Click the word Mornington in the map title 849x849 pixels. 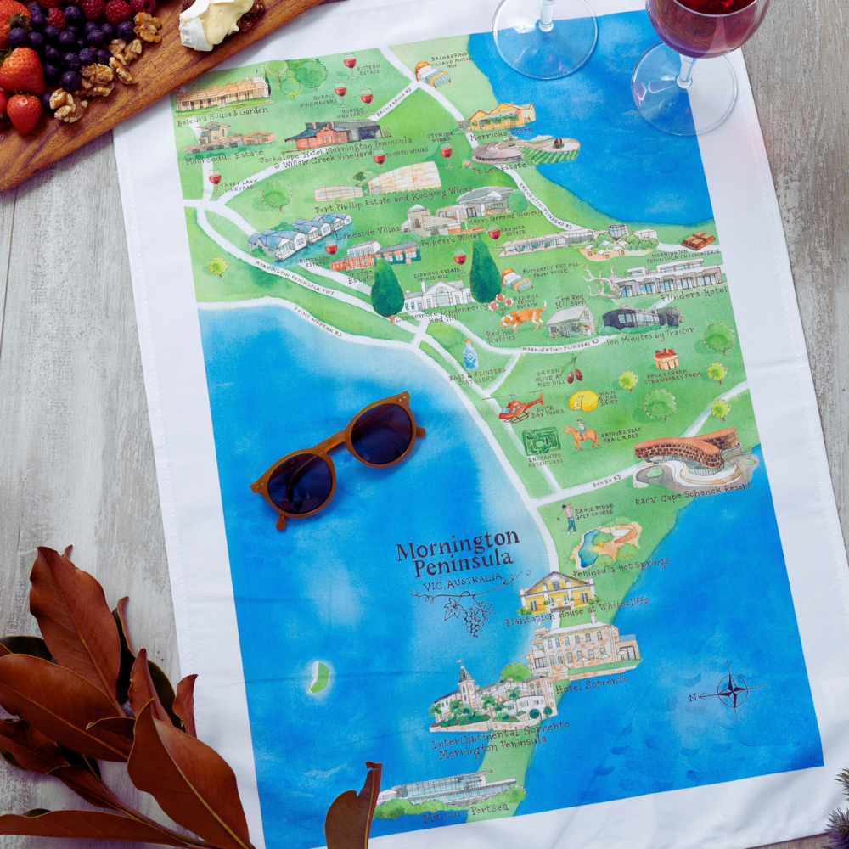pyautogui.click(x=457, y=542)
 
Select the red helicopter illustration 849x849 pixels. pyautogui.click(x=520, y=408)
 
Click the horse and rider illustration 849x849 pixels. pyautogui.click(x=583, y=435)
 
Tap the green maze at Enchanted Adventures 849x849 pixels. pyautogui.click(x=541, y=441)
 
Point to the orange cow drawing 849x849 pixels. pyautogui.click(x=522, y=319)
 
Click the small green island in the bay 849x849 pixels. pyautogui.click(x=319, y=678)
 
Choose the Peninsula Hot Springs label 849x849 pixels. pyautogui.click(x=620, y=568)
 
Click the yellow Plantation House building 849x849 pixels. pyautogui.click(x=557, y=592)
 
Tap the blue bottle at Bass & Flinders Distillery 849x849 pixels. pyautogui.click(x=470, y=355)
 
